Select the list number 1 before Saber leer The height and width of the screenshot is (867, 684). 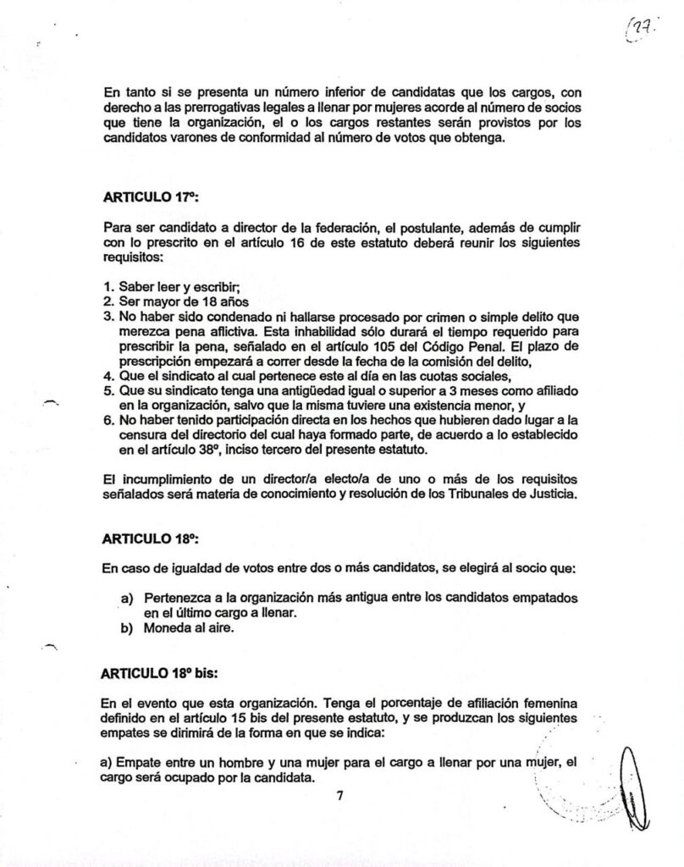click(x=108, y=286)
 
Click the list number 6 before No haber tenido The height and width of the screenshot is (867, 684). click(x=108, y=420)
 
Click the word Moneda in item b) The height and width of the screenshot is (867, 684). click(x=170, y=629)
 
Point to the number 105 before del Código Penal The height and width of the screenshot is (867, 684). click(x=383, y=347)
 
